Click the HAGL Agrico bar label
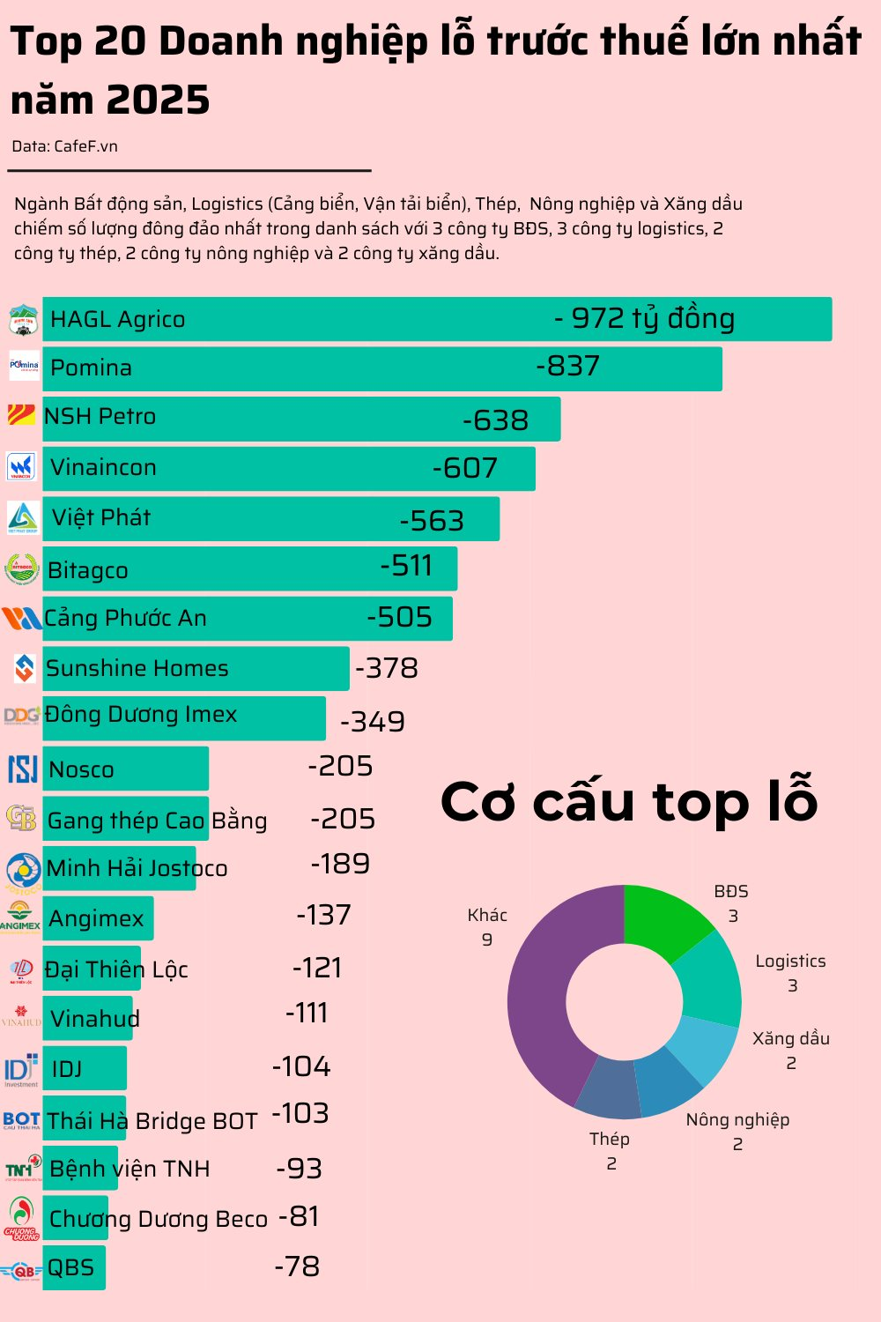[117, 319]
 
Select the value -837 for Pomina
[567, 366]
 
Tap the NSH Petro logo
[21, 415]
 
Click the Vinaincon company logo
[22, 466]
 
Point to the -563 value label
[432, 521]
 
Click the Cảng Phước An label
[125, 618]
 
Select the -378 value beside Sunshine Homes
[386, 668]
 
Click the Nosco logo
[22, 769]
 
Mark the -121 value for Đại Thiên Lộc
[317, 968]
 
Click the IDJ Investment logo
[21, 1069]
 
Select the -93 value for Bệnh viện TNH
[300, 1169]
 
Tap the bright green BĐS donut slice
[665, 921]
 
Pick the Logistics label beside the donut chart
[790, 962]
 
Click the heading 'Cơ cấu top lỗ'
[629, 801]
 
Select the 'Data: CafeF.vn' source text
[64, 146]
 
